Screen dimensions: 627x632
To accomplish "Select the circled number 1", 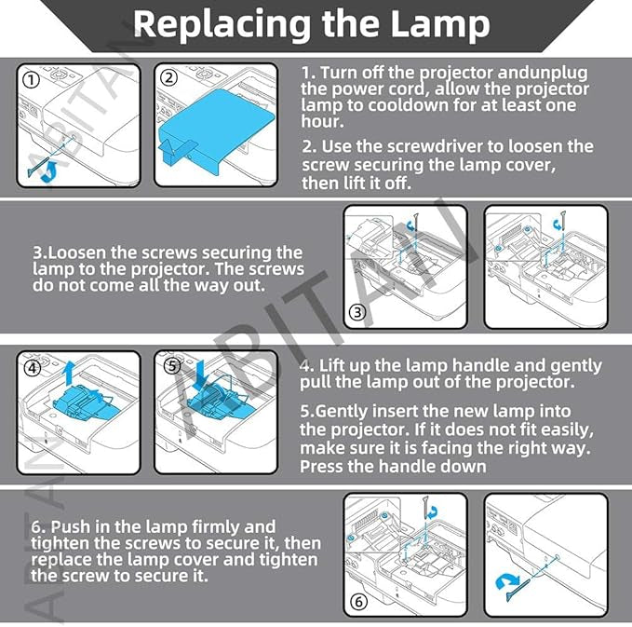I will [32, 79].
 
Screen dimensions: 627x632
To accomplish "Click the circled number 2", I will [168, 79].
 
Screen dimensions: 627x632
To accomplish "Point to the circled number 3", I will [357, 313].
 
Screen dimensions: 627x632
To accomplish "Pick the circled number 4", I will [34, 367].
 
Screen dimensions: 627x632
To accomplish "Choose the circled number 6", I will [358, 601].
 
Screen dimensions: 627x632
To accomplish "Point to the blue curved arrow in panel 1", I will [47, 170].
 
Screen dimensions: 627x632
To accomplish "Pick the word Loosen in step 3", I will [75, 253].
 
